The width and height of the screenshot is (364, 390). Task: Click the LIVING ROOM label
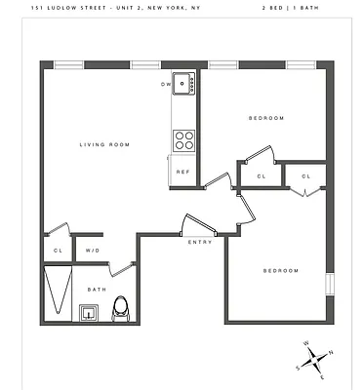tap(104, 144)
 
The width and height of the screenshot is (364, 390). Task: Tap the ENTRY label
tap(200, 242)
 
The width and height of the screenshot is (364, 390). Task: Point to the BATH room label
tap(97, 289)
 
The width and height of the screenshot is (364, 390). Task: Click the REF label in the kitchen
tap(182, 173)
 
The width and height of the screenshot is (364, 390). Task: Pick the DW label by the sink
tap(165, 84)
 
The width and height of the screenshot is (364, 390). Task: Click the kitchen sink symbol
tap(183, 84)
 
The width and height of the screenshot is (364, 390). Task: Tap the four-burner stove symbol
tap(183, 140)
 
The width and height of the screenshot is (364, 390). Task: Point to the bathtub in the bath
tap(60, 291)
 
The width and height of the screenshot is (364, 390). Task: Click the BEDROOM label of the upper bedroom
tap(265, 118)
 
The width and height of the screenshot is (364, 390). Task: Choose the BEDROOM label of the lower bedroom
tap(279, 270)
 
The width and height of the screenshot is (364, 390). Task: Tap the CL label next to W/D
tap(58, 251)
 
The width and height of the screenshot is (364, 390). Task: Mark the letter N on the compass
tap(332, 352)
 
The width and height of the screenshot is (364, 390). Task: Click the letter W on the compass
tap(305, 343)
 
